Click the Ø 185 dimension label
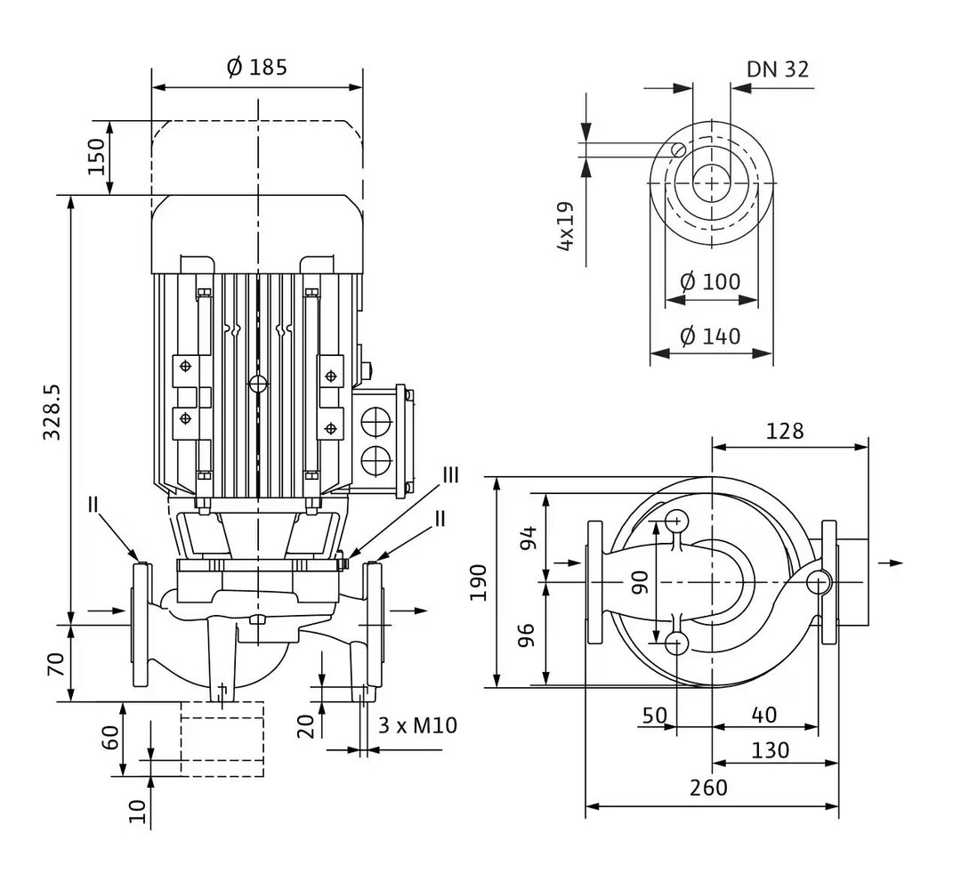[257, 68]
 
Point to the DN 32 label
[778, 69]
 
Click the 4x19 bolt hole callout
[565, 226]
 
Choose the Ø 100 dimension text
[710, 282]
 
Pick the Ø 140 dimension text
[710, 336]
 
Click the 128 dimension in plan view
[784, 431]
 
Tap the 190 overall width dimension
[480, 581]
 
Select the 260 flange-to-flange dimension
[708, 787]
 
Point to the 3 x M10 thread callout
[416, 725]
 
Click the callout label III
[451, 474]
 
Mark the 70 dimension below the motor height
[55, 663]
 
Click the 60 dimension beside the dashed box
[109, 737]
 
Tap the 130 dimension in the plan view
[771, 750]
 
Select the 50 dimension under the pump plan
[654, 715]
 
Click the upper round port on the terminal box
[375, 420]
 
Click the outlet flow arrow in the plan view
[890, 562]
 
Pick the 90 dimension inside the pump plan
[640, 581]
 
